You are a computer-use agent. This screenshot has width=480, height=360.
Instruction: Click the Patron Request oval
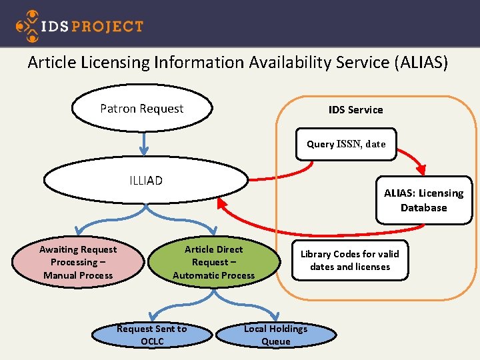[x=142, y=109]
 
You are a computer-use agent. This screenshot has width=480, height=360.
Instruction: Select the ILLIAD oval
[x=145, y=180]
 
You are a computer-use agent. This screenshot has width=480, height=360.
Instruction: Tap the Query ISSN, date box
[x=346, y=144]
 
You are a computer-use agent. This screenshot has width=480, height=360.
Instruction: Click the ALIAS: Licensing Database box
[x=423, y=200]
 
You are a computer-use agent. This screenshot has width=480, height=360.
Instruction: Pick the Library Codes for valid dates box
[x=349, y=260]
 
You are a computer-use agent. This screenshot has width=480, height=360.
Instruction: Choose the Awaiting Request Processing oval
[x=78, y=262]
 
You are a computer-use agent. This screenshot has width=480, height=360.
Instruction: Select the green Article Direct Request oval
[x=214, y=262]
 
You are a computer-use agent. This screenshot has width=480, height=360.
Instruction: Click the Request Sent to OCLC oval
[x=152, y=335]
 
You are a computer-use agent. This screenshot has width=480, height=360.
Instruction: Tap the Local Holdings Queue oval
[x=275, y=335]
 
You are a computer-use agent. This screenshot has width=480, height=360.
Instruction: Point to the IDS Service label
[x=355, y=109]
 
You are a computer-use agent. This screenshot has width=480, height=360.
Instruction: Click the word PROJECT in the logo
[x=107, y=27]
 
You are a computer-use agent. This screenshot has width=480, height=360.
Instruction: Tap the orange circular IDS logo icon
[x=28, y=26]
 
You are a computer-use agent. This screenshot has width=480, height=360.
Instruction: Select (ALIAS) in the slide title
[x=421, y=63]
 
